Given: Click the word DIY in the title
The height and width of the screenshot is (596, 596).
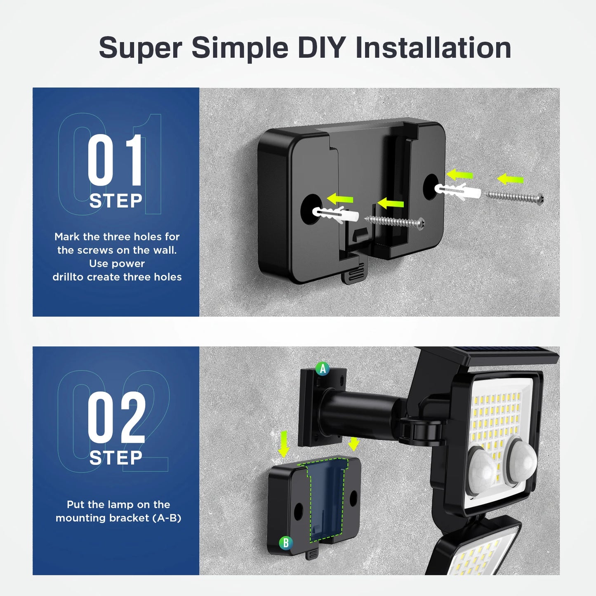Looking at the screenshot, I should click(321, 48).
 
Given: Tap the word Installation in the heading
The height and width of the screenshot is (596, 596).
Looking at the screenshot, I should click(433, 48).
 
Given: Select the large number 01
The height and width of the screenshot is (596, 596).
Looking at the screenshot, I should click(115, 160).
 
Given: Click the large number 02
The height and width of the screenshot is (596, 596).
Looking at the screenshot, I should click(116, 417).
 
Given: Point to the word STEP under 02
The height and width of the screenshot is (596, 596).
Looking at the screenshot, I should click(116, 458).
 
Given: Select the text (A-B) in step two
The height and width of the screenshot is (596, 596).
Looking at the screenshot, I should click(167, 518).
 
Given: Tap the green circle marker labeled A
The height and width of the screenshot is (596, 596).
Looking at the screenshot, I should click(323, 368).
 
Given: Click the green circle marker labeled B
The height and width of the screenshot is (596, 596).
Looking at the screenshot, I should click(285, 543).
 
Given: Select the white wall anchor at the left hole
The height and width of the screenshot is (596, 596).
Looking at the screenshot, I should click(335, 214).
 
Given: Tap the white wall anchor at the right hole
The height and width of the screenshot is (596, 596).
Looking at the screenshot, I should click(458, 191).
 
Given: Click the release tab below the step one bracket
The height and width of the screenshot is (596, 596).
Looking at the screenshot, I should click(353, 273).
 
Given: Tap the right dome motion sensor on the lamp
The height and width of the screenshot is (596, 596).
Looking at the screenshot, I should click(522, 458).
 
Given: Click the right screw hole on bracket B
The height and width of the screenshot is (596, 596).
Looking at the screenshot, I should click(353, 499).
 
